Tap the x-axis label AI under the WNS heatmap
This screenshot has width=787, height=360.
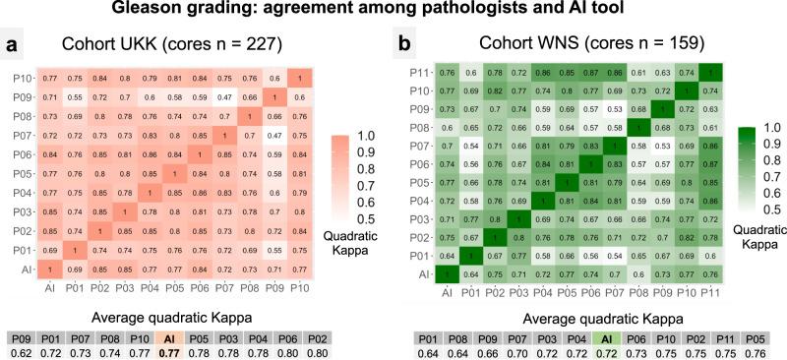pos(447,291)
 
